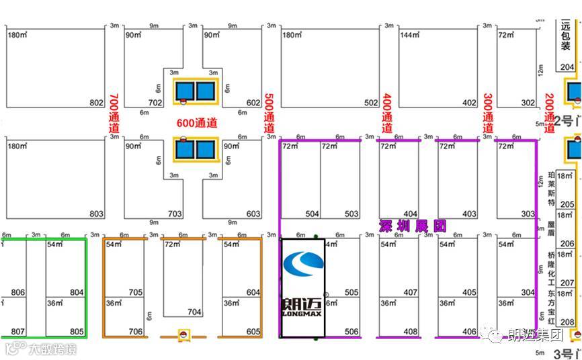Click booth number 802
[96, 103]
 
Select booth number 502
[371, 103]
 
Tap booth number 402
[469, 103]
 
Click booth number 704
[194, 312]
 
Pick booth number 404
[410, 214]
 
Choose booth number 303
[528, 214]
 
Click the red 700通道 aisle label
[114, 113]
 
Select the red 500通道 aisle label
[269, 113]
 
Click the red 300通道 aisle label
[488, 113]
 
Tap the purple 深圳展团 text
[413, 226]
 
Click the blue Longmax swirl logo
[303, 264]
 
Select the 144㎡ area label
[409, 35]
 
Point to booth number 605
[253, 332]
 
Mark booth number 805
[77, 331]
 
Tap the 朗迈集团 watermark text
[535, 334]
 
